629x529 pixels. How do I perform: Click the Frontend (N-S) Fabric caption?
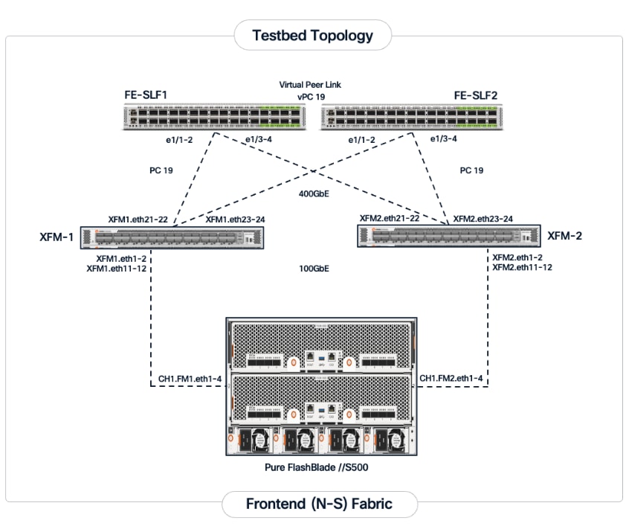pos(319,504)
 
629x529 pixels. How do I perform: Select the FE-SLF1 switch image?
pos(215,118)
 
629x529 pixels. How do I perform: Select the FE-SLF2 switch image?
pos(413,118)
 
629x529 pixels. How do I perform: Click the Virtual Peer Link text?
pos(310,85)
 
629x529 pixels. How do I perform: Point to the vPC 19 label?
pos(311,97)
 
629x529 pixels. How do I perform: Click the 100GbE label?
pos(310,268)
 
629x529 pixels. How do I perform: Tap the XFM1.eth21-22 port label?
pos(138,219)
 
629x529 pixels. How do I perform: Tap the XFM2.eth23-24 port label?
pos(483,219)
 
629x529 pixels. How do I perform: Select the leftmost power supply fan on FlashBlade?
pos(250,441)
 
